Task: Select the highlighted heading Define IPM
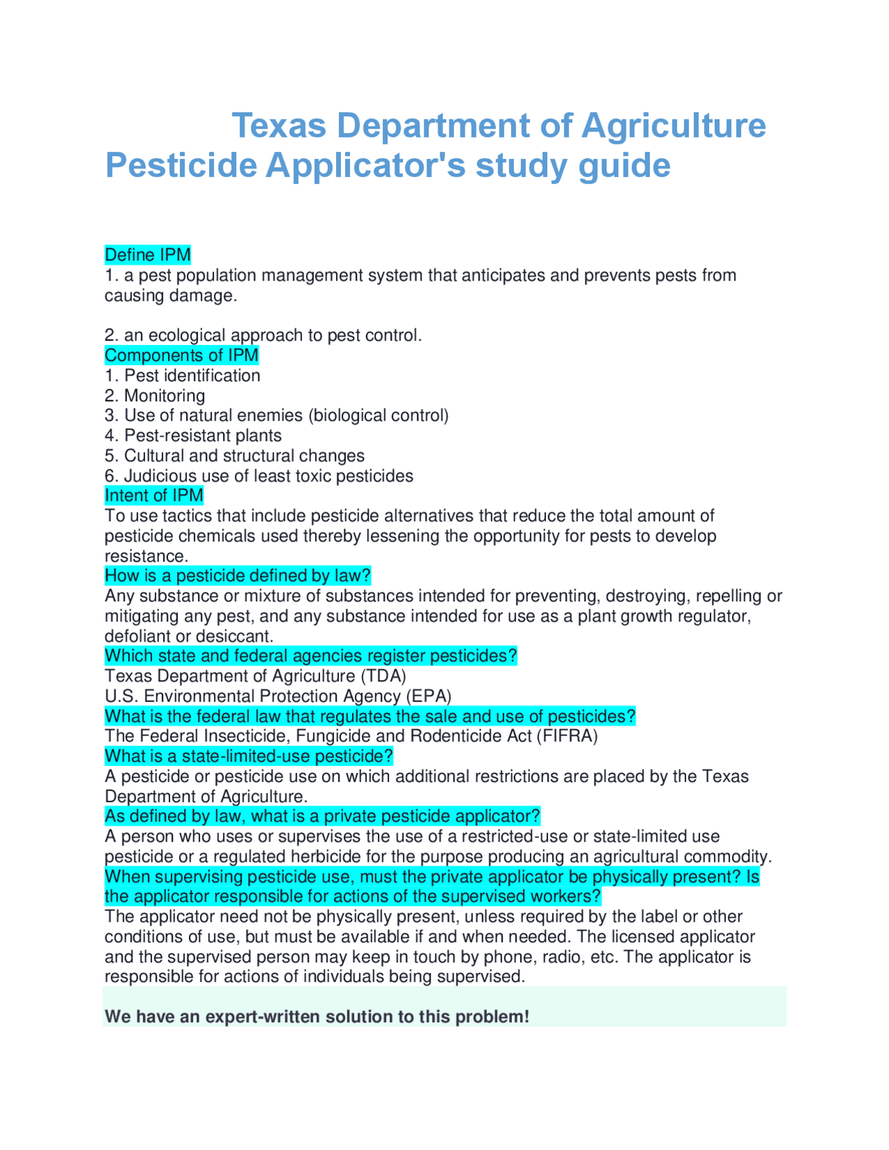coord(147,255)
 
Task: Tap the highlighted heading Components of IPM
coord(181,356)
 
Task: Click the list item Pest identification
coord(192,376)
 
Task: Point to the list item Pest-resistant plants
coord(202,435)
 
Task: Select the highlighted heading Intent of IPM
coord(153,496)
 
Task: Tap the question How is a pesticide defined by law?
coord(238,576)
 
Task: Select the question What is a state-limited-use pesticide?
coord(249,756)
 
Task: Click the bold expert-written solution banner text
coord(317,1017)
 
